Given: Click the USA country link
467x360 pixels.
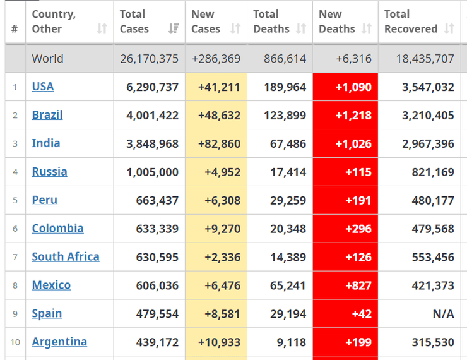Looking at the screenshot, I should pos(43,87).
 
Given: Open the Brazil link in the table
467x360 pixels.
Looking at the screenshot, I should pos(47,115).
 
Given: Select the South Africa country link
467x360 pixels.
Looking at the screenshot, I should pos(66,257).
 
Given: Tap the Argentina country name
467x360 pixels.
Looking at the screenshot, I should pos(59,342).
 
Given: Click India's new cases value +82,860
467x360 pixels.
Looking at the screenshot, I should pos(219,143).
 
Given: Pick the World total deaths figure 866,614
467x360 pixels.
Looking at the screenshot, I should pos(280,59).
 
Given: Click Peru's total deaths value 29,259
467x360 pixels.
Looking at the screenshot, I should pos(288,200).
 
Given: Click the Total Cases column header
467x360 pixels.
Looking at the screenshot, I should pos(134,21).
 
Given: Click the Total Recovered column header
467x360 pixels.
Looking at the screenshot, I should pos(411,21).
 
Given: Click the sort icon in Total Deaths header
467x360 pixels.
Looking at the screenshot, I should pos(301,29).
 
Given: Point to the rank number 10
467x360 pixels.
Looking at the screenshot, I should pos(15,342).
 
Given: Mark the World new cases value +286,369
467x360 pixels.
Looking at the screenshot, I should pos(216,59).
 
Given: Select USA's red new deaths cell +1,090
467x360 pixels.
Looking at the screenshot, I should pos(353,87).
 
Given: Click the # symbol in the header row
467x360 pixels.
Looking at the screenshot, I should pos(15,29).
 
